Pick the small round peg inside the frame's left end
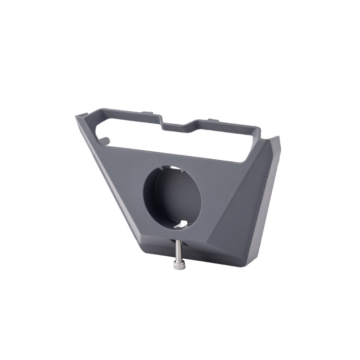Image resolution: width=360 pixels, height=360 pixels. pos(107,140)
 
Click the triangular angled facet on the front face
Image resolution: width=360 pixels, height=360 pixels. pos(240,211)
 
